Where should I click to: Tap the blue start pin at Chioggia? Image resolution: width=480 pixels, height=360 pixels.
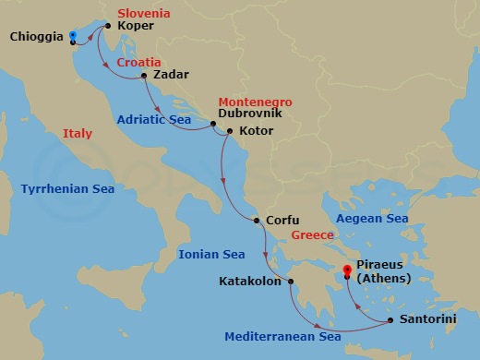coord(72,36)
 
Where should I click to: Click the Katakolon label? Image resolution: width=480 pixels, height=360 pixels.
coord(249,282)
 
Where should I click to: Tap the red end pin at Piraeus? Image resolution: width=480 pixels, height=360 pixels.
coord(347,271)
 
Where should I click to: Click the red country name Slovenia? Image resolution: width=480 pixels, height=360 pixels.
coord(145,14)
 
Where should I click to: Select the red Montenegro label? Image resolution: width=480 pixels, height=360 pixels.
coord(254,102)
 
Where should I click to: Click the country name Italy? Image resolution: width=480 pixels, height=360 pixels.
coord(78,134)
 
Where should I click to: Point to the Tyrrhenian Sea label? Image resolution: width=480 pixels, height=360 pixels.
coord(67,188)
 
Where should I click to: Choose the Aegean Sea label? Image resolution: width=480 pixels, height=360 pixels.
coord(372,218)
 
